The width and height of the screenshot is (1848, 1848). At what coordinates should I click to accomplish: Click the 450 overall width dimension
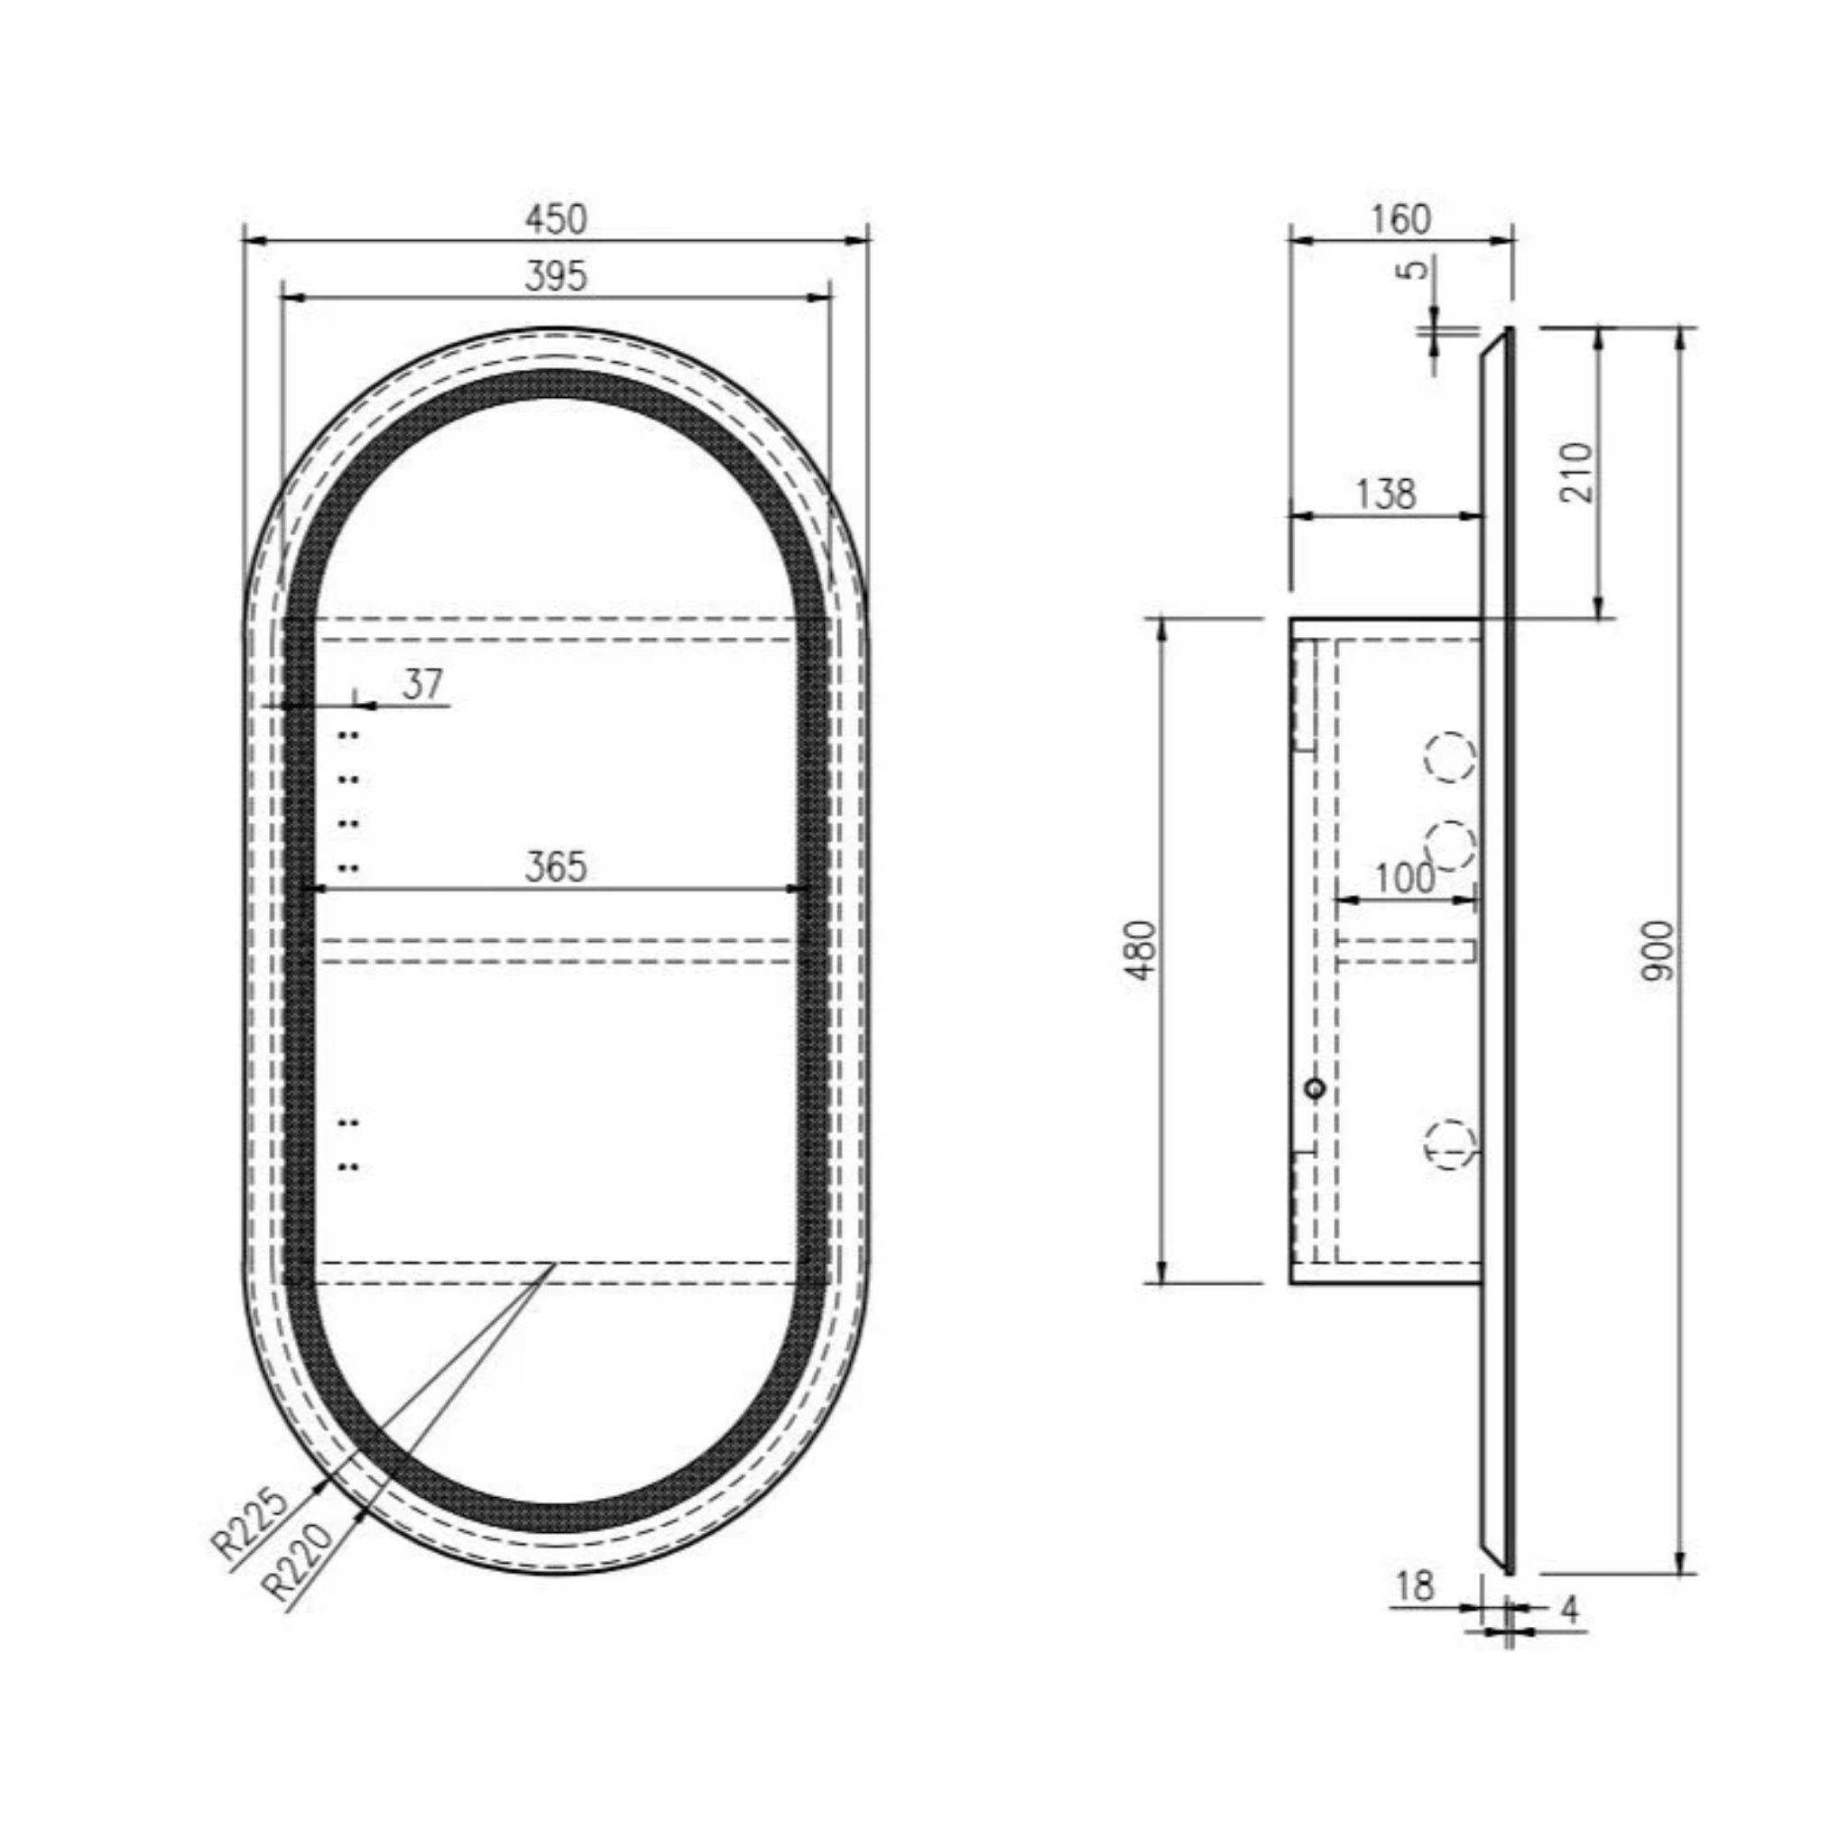coord(555,219)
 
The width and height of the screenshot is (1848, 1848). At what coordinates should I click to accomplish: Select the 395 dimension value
coord(555,276)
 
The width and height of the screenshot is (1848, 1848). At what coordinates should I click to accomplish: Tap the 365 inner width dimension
coord(555,866)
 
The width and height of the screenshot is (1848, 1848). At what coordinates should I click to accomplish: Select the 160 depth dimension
coord(1400,219)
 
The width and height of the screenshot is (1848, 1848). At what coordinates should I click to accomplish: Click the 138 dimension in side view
coord(1385,494)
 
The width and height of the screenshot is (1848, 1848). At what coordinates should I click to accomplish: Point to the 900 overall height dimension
coord(1659,950)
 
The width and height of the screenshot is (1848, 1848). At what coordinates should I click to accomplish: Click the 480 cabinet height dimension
coord(1143,950)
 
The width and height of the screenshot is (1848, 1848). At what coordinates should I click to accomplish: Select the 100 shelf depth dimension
coord(1403,878)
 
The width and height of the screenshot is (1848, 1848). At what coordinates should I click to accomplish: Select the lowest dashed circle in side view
coord(1450,1144)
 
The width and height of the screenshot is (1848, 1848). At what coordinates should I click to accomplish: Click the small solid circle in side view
coord(1316,1087)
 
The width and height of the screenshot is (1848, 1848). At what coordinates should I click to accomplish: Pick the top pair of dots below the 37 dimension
coord(348,735)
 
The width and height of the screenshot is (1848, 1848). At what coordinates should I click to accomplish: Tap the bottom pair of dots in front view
coord(348,1166)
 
